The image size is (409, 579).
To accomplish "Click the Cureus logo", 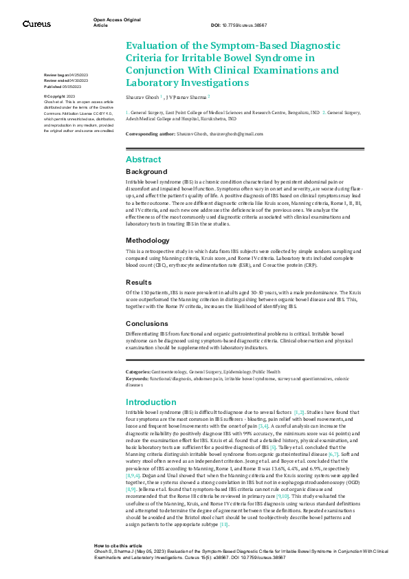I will (x=36, y=24).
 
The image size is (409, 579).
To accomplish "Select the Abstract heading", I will (x=143, y=160).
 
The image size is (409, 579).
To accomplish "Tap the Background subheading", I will (x=146, y=171).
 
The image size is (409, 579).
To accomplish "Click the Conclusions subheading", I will (x=147, y=323).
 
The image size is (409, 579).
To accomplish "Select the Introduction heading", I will (x=151, y=402).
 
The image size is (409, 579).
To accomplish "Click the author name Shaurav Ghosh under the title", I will (x=142, y=97).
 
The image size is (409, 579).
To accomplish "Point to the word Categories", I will (x=138, y=371).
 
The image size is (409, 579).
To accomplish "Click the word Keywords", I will (x=137, y=378).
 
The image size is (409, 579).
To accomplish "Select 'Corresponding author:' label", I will (x=148, y=133).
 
